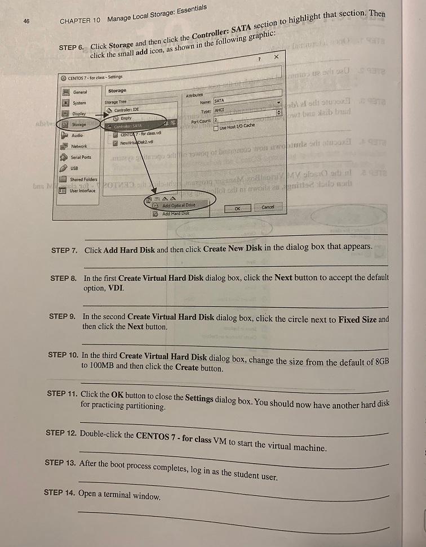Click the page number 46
26,21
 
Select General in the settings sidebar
80,92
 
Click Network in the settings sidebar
79,146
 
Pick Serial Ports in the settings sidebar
81,157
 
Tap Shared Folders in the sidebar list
83,180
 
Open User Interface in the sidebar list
83,191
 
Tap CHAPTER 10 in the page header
80,20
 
